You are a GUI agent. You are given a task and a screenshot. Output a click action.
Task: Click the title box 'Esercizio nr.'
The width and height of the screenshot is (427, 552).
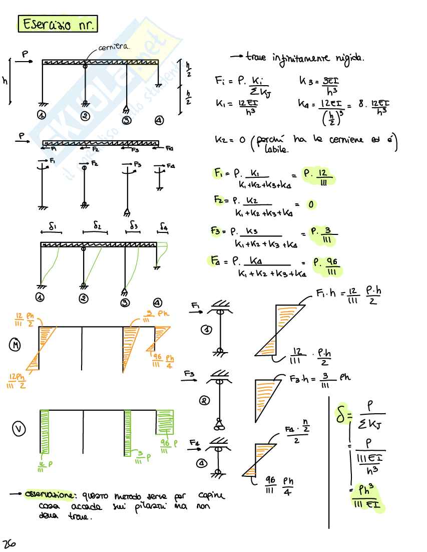pyautogui.click(x=58, y=24)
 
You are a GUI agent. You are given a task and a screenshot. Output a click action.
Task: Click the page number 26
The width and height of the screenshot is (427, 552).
pyautogui.click(x=9, y=544)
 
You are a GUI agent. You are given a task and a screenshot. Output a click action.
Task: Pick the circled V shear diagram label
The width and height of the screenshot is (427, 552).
pyautogui.click(x=19, y=429)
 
